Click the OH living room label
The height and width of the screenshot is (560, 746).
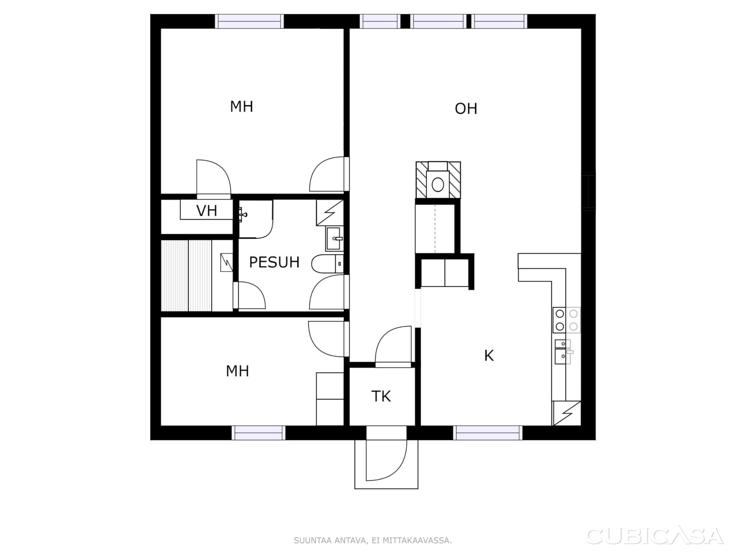(466, 109)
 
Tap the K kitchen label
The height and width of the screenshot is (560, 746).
(489, 355)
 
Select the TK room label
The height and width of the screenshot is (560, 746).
(381, 396)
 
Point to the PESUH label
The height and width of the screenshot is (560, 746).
(274, 262)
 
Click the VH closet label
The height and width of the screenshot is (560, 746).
(207, 211)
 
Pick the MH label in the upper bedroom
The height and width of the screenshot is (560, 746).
(242, 107)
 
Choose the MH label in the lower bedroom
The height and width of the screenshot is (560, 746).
(237, 371)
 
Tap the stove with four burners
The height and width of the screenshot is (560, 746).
(566, 320)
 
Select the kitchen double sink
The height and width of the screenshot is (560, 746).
(563, 352)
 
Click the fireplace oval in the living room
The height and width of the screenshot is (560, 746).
(437, 185)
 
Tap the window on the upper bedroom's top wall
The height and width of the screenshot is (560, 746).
(249, 21)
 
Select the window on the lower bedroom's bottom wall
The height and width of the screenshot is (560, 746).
(259, 433)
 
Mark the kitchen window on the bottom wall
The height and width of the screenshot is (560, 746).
(488, 433)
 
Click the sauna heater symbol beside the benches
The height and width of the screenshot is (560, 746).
(227, 262)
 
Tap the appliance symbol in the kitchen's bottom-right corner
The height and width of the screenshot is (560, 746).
(566, 413)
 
